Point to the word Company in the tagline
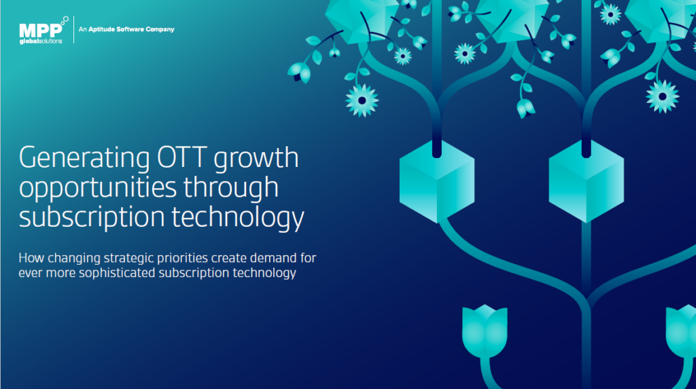point(161,29)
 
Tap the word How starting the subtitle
point(30,258)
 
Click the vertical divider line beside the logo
point(73,30)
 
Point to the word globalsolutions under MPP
point(41,40)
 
